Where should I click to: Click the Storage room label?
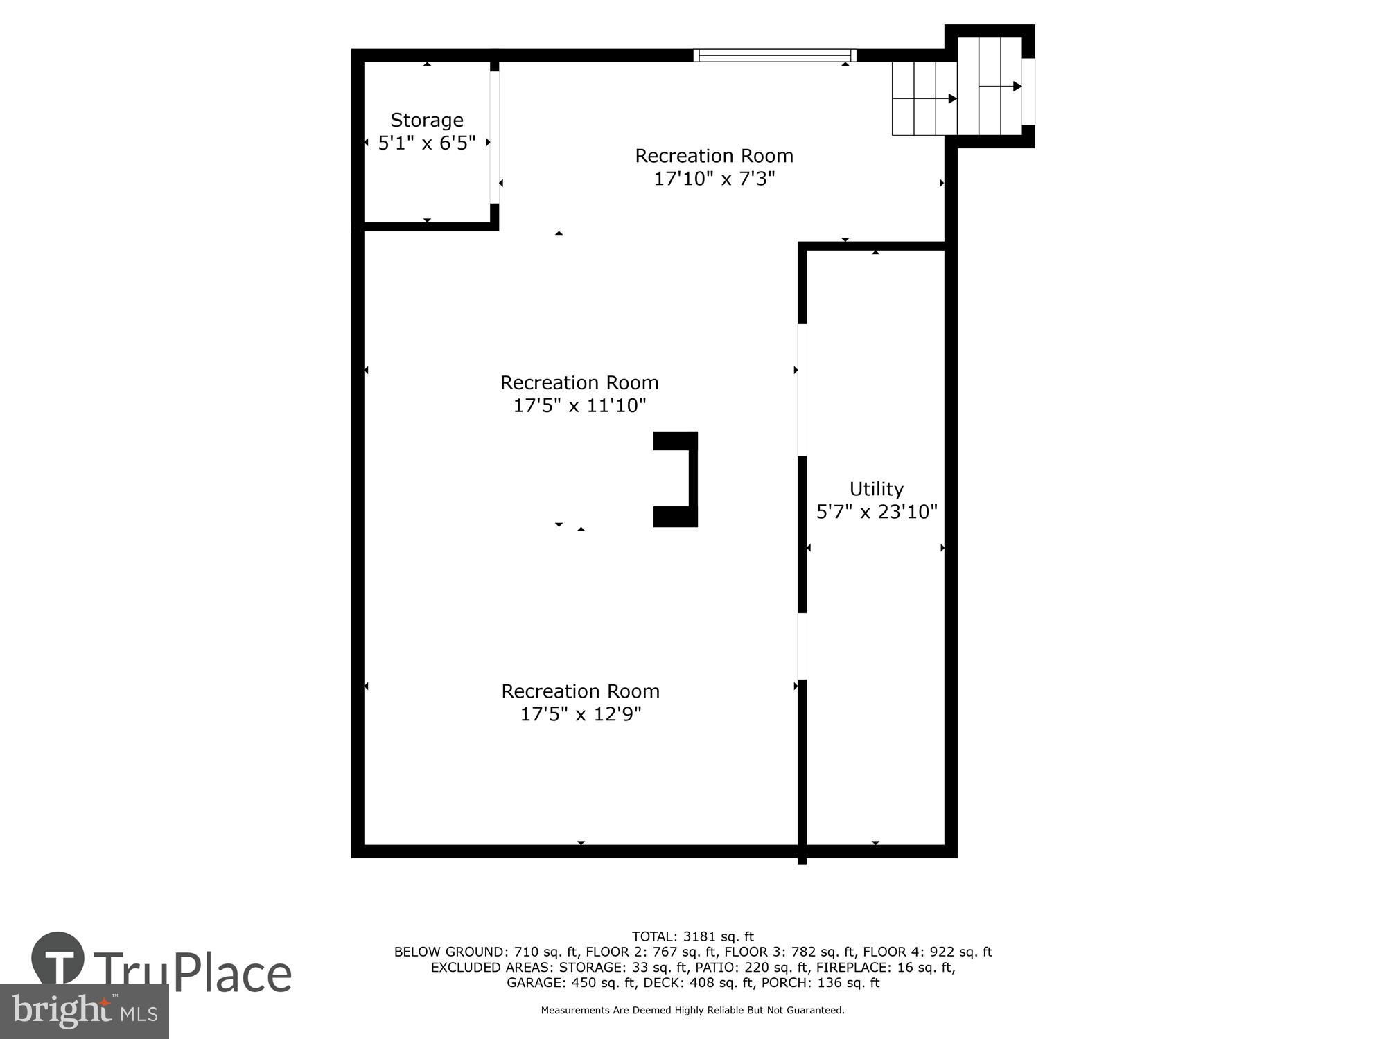click(426, 120)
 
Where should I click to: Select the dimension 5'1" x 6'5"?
click(426, 143)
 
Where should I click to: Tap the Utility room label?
click(876, 489)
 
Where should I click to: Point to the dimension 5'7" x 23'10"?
click(877, 512)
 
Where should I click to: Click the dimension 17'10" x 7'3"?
click(714, 179)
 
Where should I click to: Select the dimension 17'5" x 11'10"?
click(579, 405)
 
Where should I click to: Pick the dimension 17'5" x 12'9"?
click(581, 713)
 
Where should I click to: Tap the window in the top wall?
click(775, 55)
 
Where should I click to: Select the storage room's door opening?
click(494, 137)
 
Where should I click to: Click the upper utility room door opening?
click(802, 390)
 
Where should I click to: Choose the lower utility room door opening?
click(802, 646)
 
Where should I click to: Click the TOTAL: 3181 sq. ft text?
click(692, 937)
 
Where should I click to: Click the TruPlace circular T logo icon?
click(58, 959)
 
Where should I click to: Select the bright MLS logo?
click(84, 1011)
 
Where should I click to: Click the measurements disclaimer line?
click(692, 1011)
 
